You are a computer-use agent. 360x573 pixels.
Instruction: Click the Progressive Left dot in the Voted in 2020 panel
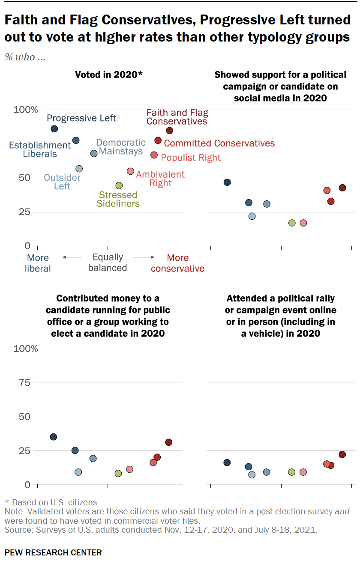tap(54, 129)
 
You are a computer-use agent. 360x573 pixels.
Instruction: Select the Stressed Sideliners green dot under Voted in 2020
tap(119, 185)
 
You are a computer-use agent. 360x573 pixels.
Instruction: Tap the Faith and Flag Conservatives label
tap(177, 117)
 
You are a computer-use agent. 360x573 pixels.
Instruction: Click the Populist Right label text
tap(191, 158)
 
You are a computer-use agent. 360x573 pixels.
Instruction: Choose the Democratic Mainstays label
tap(115, 147)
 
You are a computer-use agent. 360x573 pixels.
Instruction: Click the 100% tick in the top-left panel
tap(26, 110)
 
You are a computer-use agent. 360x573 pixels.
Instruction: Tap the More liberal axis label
tap(38, 263)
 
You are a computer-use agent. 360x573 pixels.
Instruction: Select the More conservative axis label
tap(177, 263)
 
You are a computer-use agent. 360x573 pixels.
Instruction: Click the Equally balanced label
tap(108, 263)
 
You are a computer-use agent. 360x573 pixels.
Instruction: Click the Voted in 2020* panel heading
tap(108, 75)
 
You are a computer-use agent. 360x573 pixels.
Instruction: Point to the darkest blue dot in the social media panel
tap(227, 182)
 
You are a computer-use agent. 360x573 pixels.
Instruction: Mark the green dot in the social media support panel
tap(292, 223)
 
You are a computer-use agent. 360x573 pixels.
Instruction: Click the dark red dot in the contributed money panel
tap(168, 442)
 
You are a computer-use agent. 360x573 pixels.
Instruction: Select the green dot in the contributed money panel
tap(118, 473)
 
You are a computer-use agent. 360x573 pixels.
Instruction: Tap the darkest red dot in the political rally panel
tap(342, 454)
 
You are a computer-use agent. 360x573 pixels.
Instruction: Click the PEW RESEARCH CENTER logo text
tap(53, 552)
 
